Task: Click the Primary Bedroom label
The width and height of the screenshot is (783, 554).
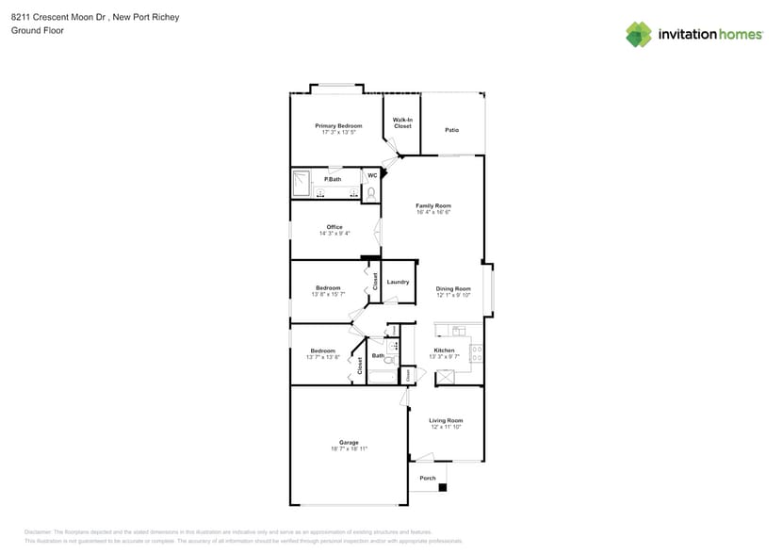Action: coord(338,125)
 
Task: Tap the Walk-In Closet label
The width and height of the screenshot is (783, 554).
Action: coord(402,122)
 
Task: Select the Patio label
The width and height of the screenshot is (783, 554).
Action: coord(452,129)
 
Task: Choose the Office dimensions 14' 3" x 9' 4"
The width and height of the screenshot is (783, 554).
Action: coord(334,233)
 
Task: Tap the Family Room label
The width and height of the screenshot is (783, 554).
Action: coord(433,205)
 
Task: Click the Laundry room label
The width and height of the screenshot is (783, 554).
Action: coord(398,281)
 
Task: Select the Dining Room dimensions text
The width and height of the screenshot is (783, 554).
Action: coord(452,295)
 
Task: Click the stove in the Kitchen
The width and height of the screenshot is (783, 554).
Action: coord(477,353)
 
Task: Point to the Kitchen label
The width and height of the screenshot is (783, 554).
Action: coord(443,350)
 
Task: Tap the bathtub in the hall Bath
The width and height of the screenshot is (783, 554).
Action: coord(381,378)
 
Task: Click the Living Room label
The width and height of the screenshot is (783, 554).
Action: coord(446,420)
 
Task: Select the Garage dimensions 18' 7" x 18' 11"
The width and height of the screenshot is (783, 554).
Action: coord(349,448)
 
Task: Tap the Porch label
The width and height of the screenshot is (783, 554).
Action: coord(428,478)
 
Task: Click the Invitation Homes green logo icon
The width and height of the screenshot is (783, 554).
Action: coord(639,34)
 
